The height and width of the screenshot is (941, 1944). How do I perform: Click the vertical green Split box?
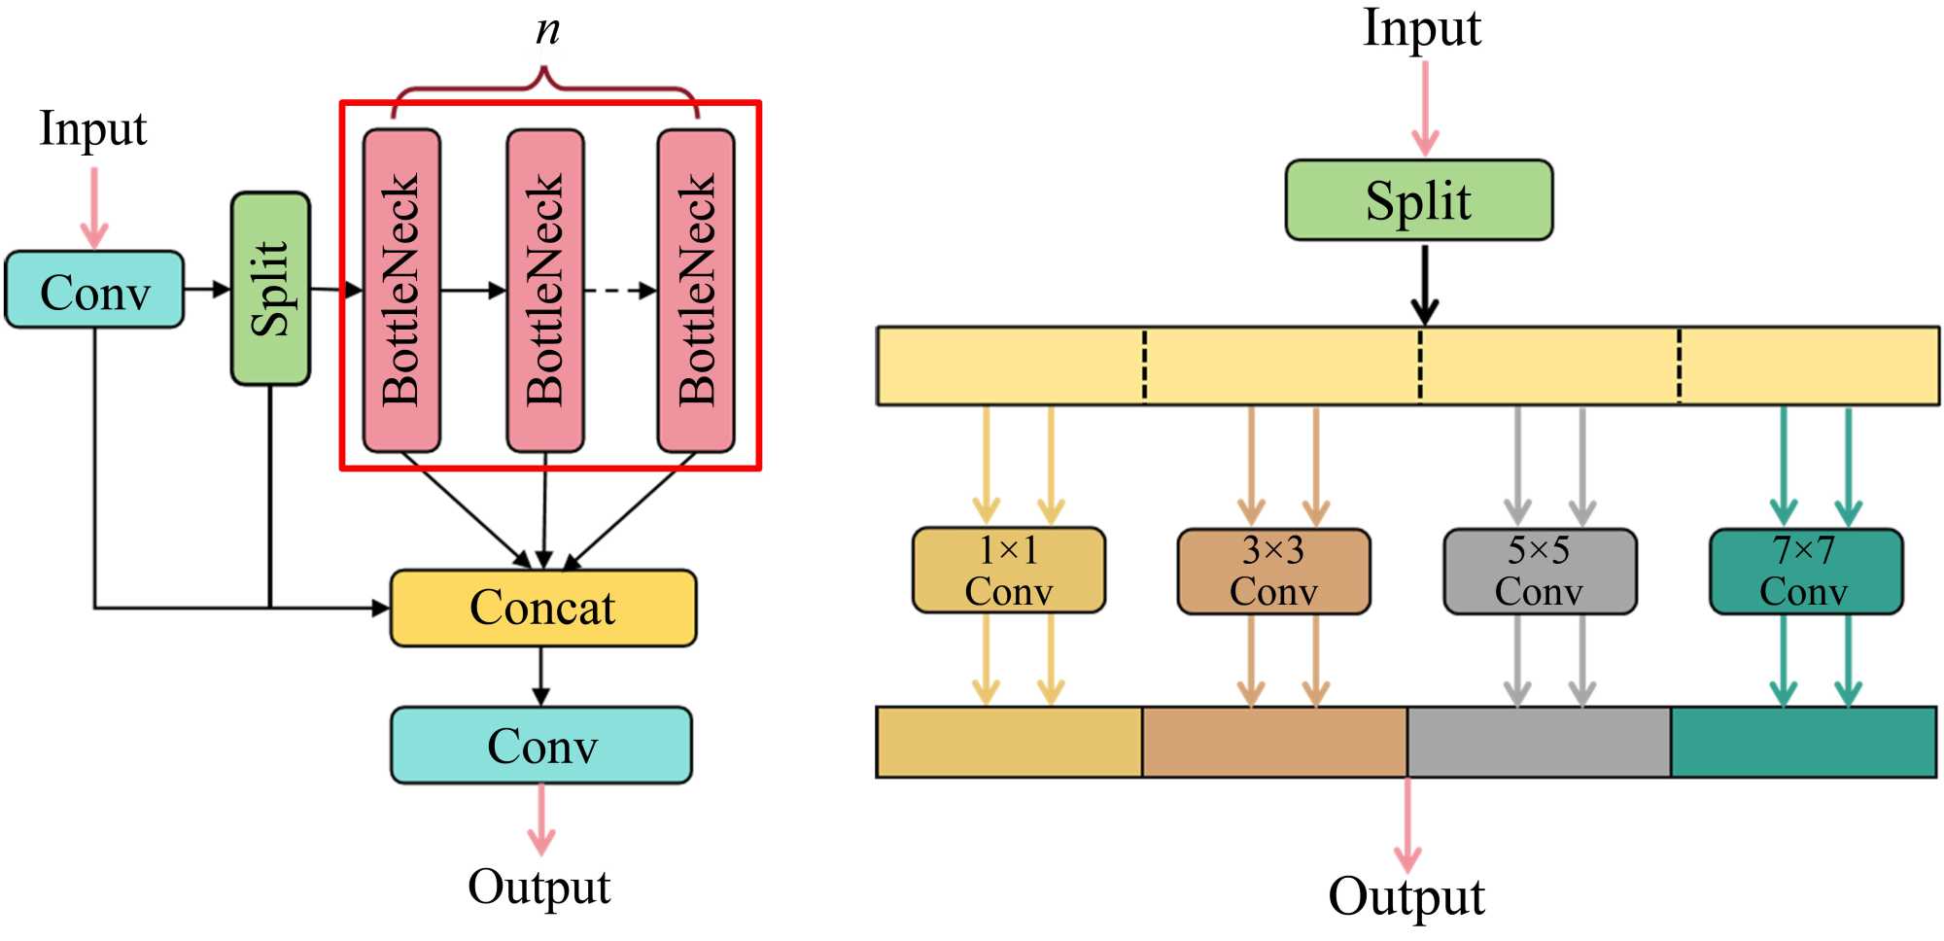coord(270,289)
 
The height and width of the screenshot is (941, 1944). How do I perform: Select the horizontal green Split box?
coord(1418,200)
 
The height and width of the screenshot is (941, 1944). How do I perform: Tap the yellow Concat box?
coord(542,609)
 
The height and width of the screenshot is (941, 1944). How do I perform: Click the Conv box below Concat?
coord(541,746)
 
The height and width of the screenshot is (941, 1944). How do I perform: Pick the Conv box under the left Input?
coord(94,290)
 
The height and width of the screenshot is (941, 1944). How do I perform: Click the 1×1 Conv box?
coord(1008,571)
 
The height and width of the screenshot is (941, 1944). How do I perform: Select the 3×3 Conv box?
coord(1273,572)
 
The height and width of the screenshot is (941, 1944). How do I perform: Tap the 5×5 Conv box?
coord(1539,572)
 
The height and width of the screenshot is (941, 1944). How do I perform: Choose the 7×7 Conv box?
coord(1805,572)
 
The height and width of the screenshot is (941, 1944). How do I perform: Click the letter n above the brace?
coord(547,31)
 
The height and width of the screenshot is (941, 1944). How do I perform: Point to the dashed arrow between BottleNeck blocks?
coord(620,290)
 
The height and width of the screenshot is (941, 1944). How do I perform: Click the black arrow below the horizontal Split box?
coord(1424,284)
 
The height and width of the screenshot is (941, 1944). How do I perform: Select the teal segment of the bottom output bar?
coord(1803,743)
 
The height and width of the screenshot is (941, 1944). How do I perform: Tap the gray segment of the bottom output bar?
coord(1539,743)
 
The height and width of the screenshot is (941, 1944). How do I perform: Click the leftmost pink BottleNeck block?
coord(401,290)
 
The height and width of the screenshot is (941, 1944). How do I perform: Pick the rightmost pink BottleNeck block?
coord(696,290)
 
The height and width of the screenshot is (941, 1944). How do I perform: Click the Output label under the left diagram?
coord(539,887)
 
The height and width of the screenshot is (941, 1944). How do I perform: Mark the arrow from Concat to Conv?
coord(541,677)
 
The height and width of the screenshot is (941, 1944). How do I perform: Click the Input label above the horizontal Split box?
coord(1421,29)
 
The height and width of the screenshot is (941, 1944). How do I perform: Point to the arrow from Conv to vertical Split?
coord(206,289)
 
